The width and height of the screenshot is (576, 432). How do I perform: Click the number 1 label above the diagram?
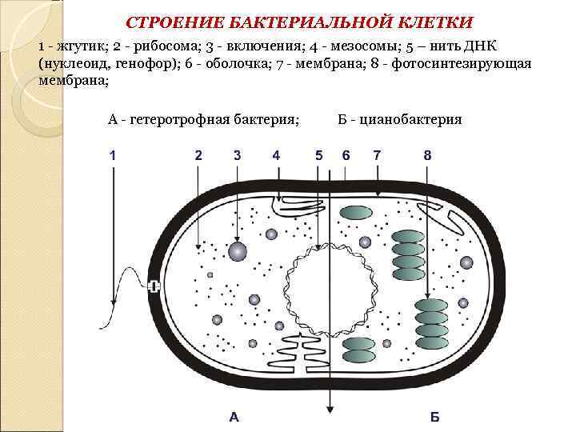click(113, 155)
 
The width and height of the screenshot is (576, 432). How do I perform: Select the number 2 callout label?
click(198, 155)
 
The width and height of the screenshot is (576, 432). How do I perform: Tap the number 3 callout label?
click(237, 155)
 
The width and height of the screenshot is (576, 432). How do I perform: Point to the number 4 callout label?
click(276, 155)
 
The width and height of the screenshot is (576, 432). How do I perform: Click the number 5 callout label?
click(319, 155)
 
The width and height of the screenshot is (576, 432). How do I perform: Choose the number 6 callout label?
click(346, 155)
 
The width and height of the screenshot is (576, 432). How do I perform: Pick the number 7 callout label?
click(377, 155)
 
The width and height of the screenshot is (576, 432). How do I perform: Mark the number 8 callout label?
click(428, 155)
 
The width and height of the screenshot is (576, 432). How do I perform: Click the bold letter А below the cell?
click(234, 416)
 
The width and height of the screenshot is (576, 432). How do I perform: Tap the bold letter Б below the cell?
click(434, 416)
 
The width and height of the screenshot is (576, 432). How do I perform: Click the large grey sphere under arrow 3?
click(237, 251)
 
